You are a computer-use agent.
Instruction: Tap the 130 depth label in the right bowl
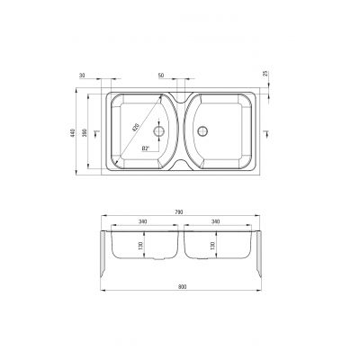coord(212,246)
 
